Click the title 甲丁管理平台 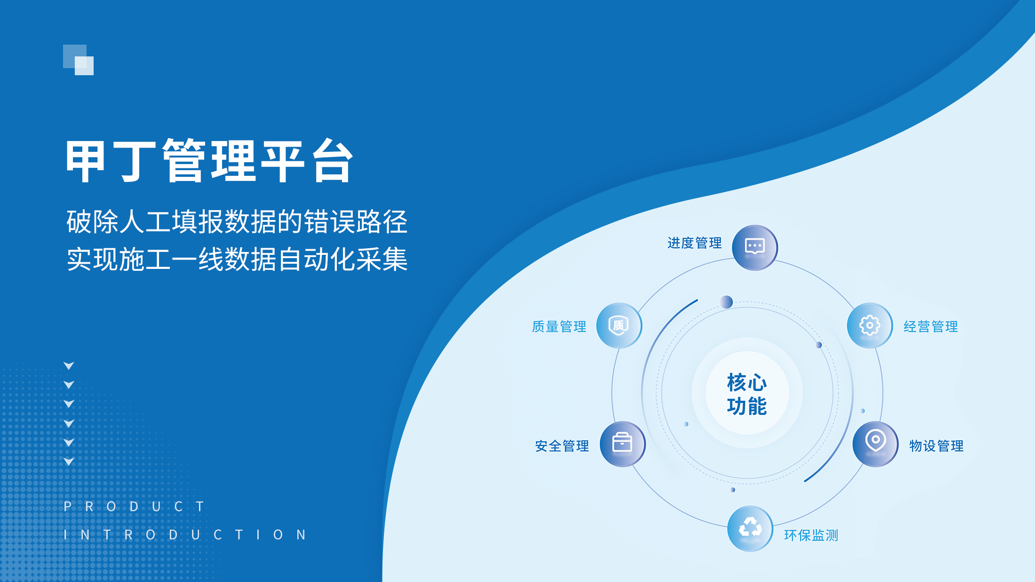pyautogui.click(x=209, y=161)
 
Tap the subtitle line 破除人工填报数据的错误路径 pyautogui.click(x=237, y=222)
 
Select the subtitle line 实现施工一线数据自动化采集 pyautogui.click(x=237, y=260)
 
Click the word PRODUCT pyautogui.click(x=134, y=506)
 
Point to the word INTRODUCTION pyautogui.click(x=185, y=535)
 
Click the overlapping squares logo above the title pyautogui.click(x=78, y=60)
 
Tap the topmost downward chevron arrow pyautogui.click(x=69, y=366)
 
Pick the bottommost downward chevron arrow pyautogui.click(x=69, y=462)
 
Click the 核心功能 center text pyautogui.click(x=747, y=394)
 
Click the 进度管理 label pyautogui.click(x=694, y=243)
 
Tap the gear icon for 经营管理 pyautogui.click(x=869, y=325)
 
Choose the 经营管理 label pyautogui.click(x=931, y=326)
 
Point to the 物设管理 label pyautogui.click(x=936, y=446)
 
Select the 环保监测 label pyautogui.click(x=811, y=535)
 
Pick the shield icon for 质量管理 pyautogui.click(x=619, y=325)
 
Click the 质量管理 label pyautogui.click(x=559, y=326)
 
